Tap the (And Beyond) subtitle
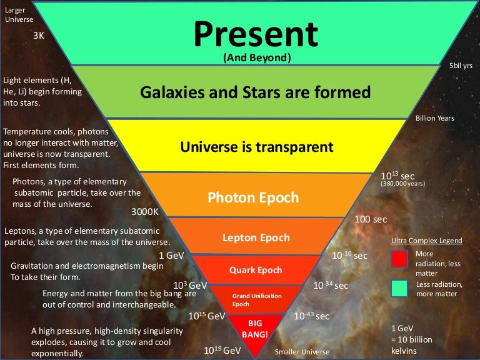pyautogui.click(x=257, y=57)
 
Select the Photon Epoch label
pyautogui.click(x=253, y=197)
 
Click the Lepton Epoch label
pyautogui.click(x=256, y=237)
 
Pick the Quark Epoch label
pyautogui.click(x=256, y=270)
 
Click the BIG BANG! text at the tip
pyautogui.click(x=254, y=329)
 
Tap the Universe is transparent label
pyautogui.click(x=257, y=147)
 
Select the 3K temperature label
pyautogui.click(x=39, y=36)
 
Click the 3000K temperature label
pyautogui.click(x=146, y=211)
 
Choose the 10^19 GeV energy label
pyautogui.click(x=222, y=350)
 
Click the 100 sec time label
pyautogui.click(x=371, y=219)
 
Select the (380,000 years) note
pyautogui.click(x=402, y=185)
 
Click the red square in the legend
pyautogui.click(x=399, y=259)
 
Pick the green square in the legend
pyautogui.click(x=399, y=288)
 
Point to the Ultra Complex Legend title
pyautogui.click(x=426, y=241)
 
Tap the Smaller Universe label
pyautogui.click(x=302, y=352)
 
